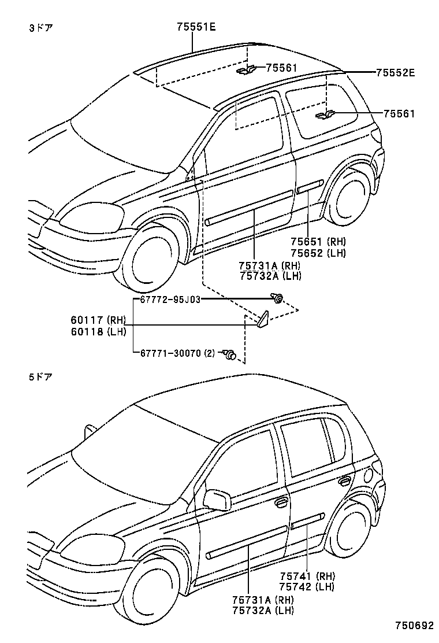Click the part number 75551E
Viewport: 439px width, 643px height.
(196, 27)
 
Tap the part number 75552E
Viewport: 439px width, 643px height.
(395, 73)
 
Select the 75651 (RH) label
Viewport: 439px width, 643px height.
(317, 242)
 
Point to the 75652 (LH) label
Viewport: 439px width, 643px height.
(317, 253)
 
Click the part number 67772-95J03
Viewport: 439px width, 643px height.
(170, 299)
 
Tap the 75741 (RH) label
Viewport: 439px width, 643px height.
(307, 576)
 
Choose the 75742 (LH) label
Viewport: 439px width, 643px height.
(307, 587)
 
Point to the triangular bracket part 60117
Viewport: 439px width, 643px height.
(263, 319)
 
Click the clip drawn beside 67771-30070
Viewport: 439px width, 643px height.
(230, 355)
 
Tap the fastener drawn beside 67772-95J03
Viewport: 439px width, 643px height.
(278, 299)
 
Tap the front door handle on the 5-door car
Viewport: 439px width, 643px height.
(281, 502)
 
